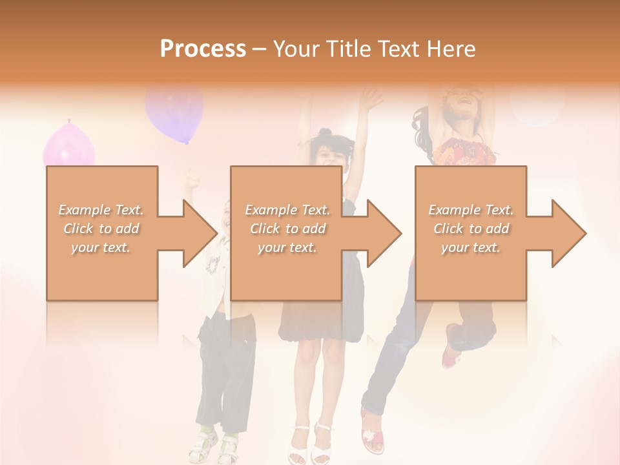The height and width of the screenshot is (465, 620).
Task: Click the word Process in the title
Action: pos(203,48)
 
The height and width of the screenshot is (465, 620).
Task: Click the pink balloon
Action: pos(68,146)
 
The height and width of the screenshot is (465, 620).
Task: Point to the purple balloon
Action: pos(174,111)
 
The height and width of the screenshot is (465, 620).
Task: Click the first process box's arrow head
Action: pos(200,233)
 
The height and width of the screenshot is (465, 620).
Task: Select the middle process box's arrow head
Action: pos(384,233)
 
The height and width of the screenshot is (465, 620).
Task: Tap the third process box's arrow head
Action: pos(569,233)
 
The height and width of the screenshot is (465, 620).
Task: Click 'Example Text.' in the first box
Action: pos(101,210)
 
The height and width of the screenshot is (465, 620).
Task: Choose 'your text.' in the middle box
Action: pos(287,247)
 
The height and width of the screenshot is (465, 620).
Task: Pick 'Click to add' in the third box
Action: pos(471,229)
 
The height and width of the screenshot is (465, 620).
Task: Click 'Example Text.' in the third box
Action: pos(471,210)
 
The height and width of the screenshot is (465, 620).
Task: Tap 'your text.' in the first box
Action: pos(101,247)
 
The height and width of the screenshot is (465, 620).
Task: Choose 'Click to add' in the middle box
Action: pos(287,229)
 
